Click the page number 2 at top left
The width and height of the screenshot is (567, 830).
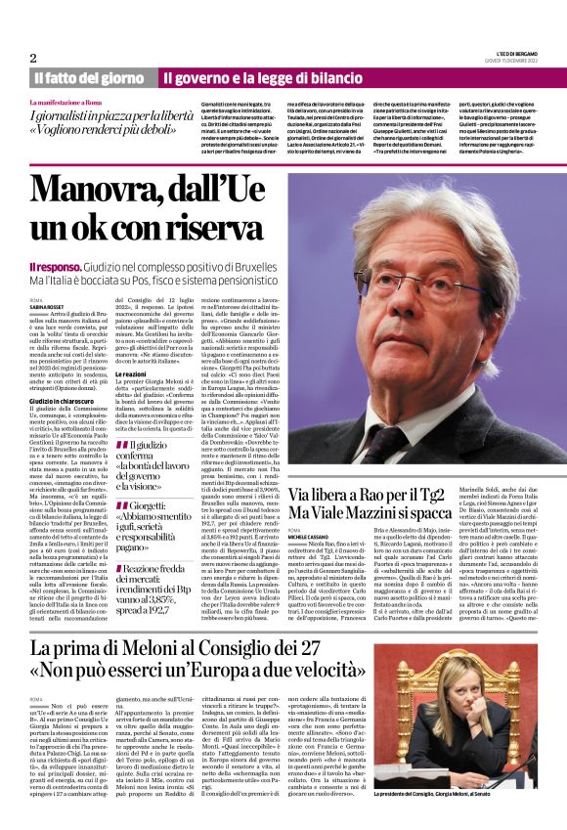coord(33,58)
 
